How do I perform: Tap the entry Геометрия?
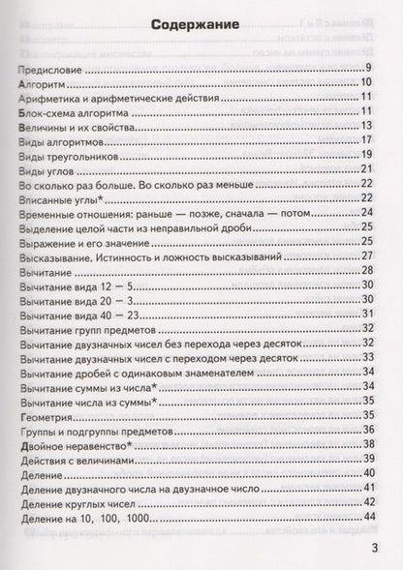pos(46,415)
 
